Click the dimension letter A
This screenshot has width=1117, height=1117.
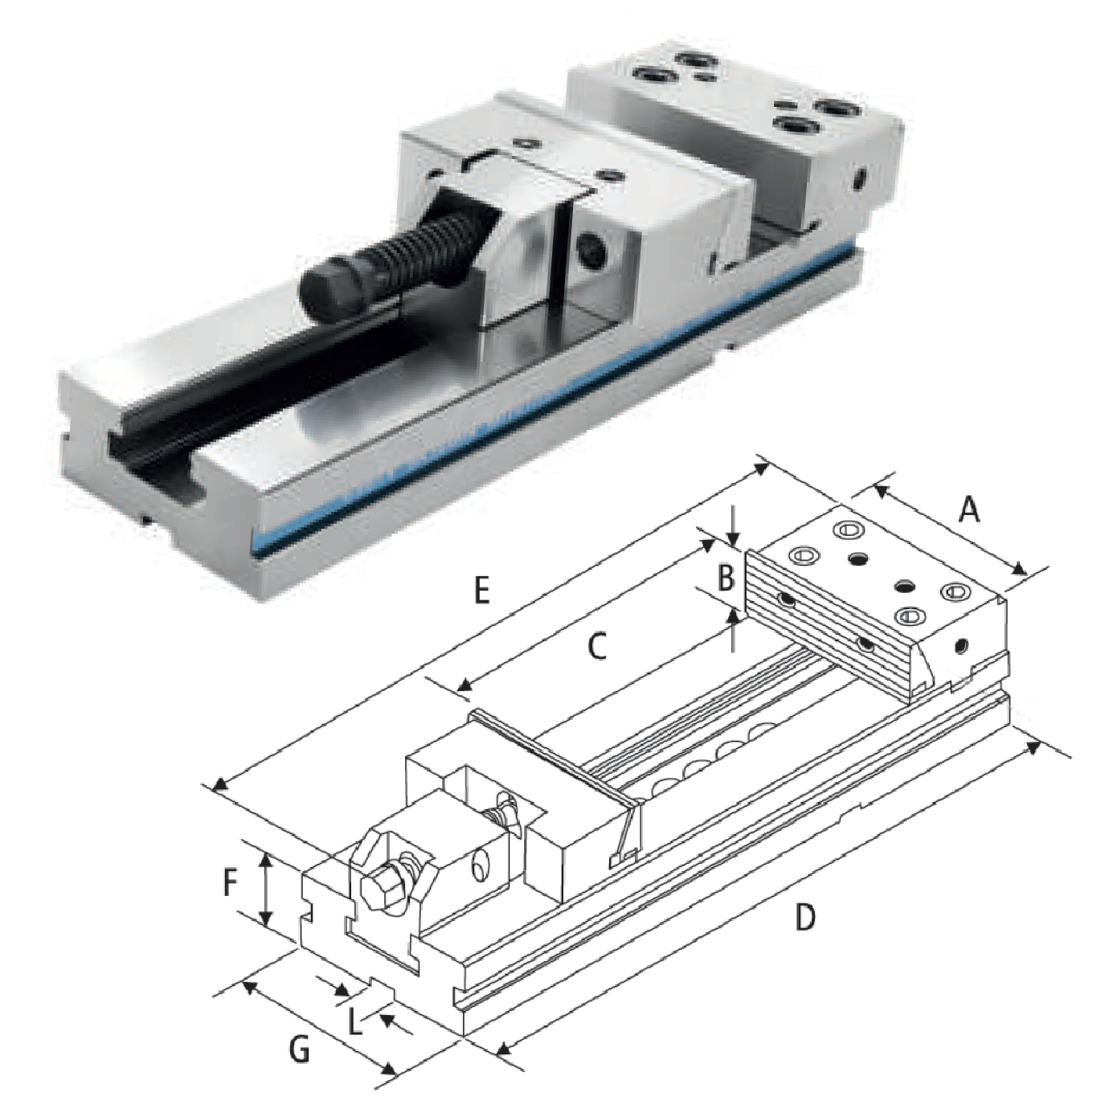click(x=968, y=511)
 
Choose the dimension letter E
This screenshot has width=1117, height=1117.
click(x=481, y=590)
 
